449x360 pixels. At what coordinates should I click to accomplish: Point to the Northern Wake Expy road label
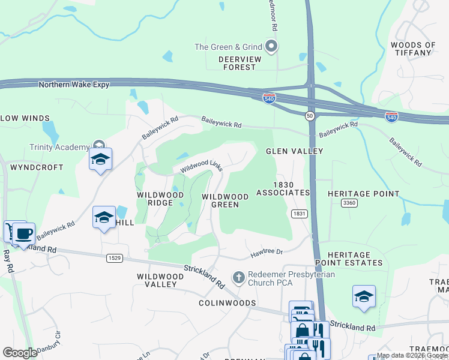click(74, 85)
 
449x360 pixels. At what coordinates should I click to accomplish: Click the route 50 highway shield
click(310, 115)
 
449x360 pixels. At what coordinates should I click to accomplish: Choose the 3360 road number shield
click(349, 203)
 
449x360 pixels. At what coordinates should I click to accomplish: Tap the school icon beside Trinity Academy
click(100, 159)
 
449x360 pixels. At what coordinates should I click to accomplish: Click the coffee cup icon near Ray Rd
click(24, 233)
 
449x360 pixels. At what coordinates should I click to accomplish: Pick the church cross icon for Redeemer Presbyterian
click(238, 277)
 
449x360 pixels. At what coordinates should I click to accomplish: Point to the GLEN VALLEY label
click(295, 151)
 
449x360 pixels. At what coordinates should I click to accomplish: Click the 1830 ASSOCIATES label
click(283, 189)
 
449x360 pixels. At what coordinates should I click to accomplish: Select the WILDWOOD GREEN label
click(225, 200)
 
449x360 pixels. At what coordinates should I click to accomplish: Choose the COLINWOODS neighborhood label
click(228, 303)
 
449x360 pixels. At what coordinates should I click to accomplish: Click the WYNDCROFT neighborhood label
click(37, 167)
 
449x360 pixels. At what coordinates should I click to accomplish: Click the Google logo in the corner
click(20, 352)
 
